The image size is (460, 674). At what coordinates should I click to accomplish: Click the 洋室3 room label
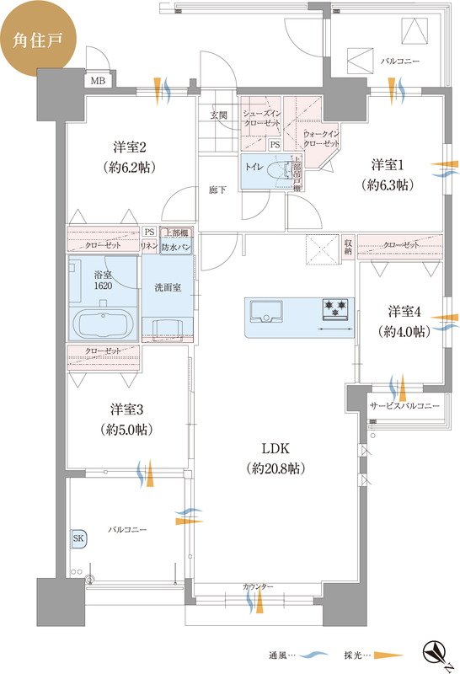tap(129, 420)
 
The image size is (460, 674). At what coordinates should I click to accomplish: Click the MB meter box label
tap(99, 81)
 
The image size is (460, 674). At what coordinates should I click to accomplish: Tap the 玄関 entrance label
tap(218, 116)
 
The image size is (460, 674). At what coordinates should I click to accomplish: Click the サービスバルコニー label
tap(404, 406)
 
